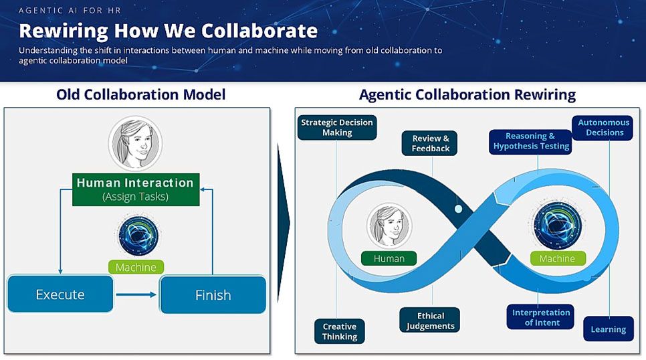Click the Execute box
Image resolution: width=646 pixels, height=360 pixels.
(x=60, y=294)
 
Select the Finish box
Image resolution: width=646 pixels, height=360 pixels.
(x=213, y=295)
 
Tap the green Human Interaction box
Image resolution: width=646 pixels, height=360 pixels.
(x=136, y=189)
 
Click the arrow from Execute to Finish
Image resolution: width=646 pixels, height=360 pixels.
(x=136, y=294)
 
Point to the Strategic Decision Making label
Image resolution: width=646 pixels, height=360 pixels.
(x=337, y=127)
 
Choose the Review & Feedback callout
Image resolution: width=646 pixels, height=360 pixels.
(x=430, y=143)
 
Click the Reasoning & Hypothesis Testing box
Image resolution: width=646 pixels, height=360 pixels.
(x=531, y=141)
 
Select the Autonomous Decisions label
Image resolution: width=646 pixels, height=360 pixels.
(x=603, y=127)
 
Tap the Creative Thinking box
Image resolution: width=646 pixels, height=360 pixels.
(x=340, y=331)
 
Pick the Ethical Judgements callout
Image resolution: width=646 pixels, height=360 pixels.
(x=430, y=320)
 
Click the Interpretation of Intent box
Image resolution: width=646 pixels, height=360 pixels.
(x=540, y=317)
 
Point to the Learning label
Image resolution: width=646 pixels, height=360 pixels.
(x=609, y=329)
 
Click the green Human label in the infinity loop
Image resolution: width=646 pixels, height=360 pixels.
(x=389, y=258)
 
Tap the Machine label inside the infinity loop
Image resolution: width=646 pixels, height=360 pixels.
(x=558, y=258)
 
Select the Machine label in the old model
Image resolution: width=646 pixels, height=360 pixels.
(x=136, y=267)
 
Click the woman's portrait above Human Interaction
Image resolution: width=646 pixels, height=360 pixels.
(x=136, y=143)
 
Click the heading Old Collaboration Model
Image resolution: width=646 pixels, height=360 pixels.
(x=141, y=94)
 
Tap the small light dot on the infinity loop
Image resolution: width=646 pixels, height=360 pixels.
(x=458, y=209)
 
